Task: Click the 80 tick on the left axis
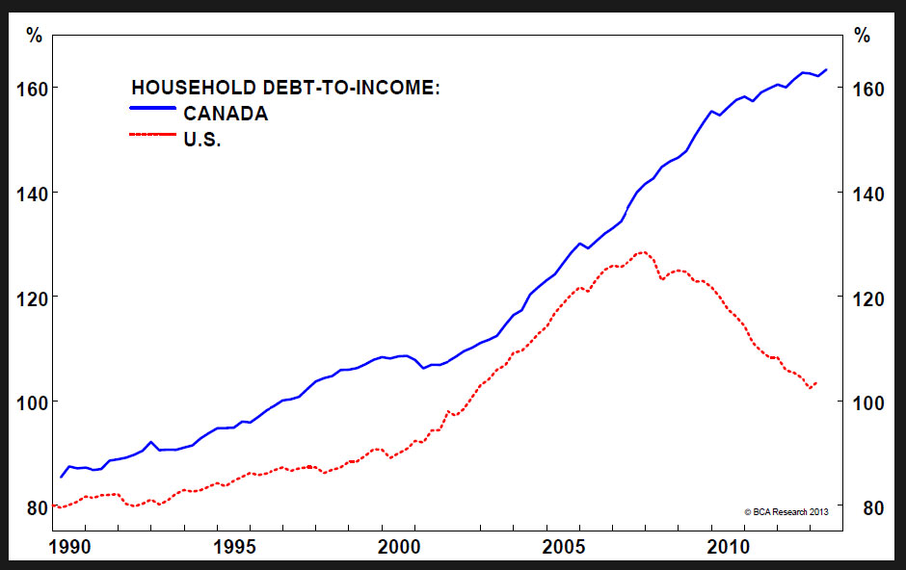pos(37,506)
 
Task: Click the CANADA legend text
pos(226,114)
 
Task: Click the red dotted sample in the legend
pos(153,137)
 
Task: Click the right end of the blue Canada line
pos(826,69)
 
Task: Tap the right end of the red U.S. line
pos(816,383)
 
